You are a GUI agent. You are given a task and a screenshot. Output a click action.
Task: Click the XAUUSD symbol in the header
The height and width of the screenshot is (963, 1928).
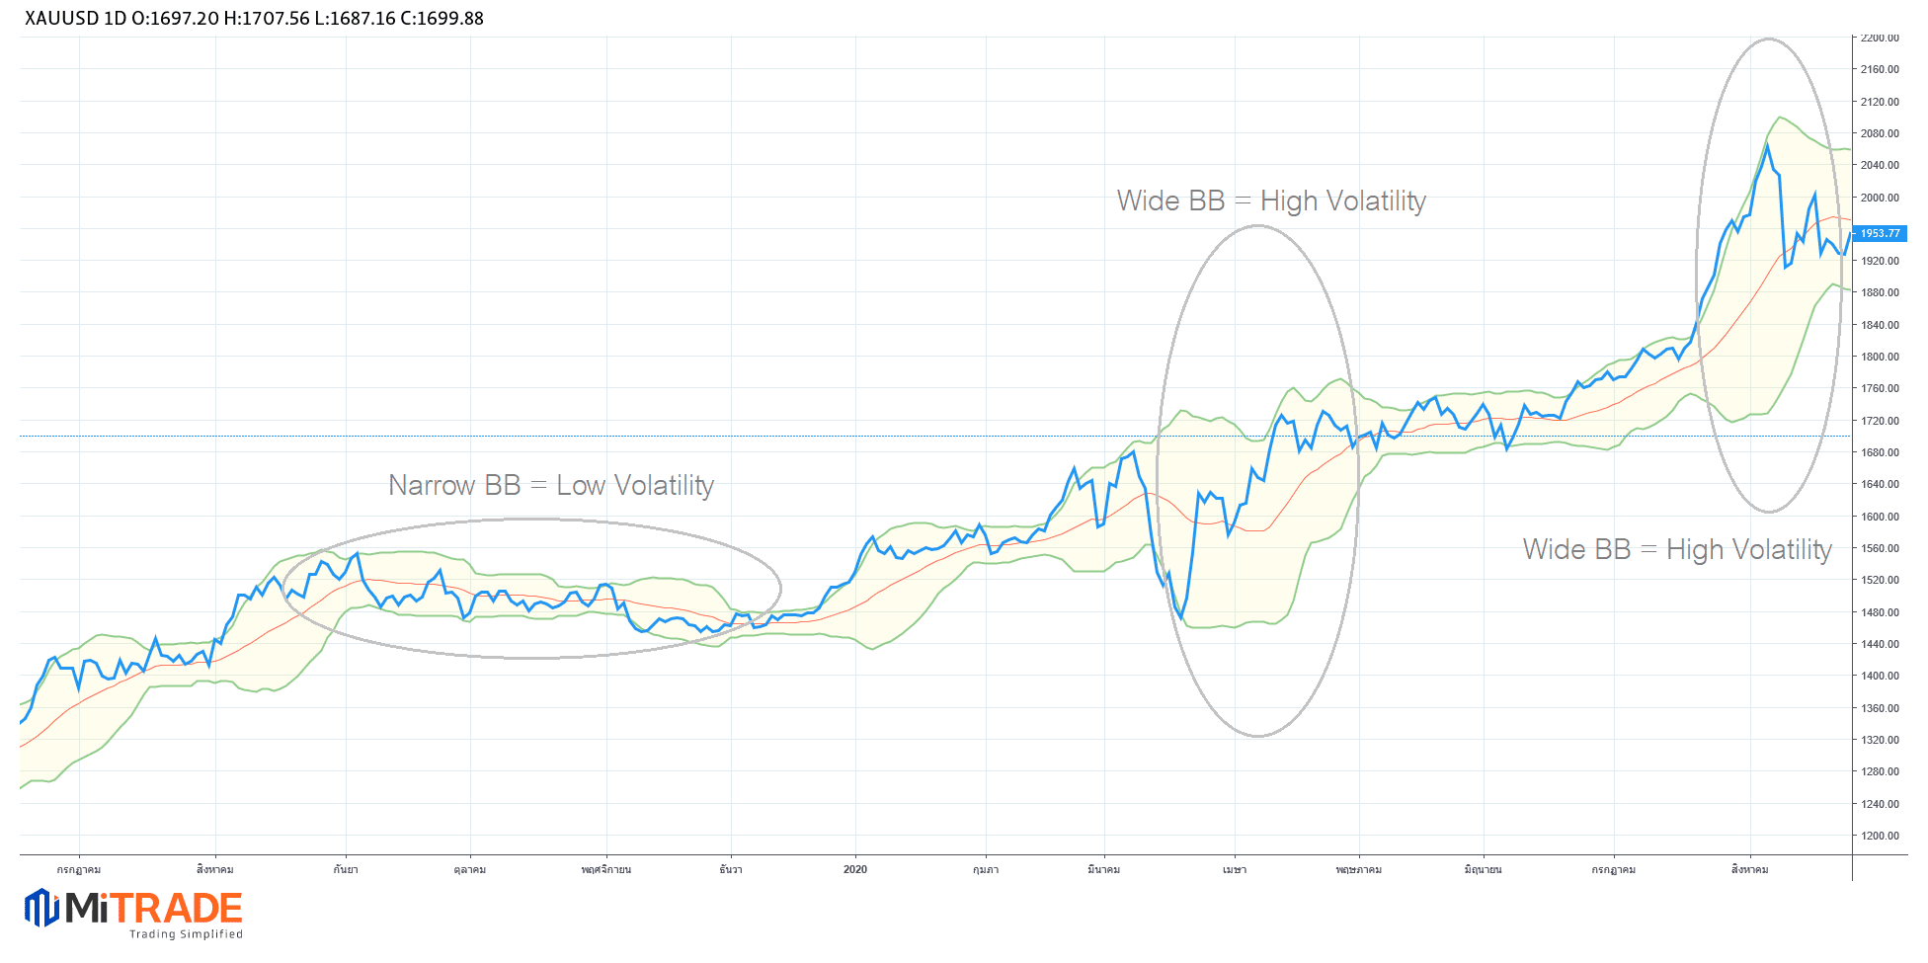click(x=61, y=19)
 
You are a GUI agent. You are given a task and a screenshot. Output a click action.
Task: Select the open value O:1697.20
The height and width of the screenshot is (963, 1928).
click(x=175, y=19)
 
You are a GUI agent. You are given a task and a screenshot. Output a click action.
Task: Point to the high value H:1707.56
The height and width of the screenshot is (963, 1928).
click(x=268, y=19)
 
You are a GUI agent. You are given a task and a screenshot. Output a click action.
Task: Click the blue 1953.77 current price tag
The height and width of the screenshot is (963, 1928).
click(x=1880, y=234)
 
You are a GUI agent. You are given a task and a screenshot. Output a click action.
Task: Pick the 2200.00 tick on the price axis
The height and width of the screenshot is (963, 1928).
click(x=1879, y=39)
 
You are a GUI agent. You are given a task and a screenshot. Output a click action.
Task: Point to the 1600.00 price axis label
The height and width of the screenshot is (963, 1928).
click(x=1879, y=517)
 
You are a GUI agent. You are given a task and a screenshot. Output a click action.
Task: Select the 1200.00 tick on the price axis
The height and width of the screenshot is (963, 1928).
click(x=1879, y=836)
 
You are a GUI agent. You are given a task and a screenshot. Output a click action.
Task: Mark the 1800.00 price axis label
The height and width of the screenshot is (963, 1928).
click(x=1879, y=357)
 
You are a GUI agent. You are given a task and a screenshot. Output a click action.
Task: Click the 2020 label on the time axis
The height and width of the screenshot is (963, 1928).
click(x=855, y=869)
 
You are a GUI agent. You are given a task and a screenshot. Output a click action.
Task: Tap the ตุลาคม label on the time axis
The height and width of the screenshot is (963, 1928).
click(x=470, y=870)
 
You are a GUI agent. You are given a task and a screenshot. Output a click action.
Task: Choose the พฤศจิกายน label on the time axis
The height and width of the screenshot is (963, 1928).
click(x=606, y=870)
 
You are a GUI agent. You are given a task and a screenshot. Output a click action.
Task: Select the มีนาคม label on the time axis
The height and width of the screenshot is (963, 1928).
click(x=1103, y=870)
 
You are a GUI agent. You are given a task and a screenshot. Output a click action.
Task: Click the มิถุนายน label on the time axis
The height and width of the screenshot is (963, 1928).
click(x=1483, y=870)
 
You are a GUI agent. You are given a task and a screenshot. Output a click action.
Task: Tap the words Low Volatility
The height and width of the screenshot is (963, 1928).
click(x=634, y=486)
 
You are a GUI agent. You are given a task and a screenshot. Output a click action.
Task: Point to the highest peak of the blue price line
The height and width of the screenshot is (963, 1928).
click(x=1767, y=145)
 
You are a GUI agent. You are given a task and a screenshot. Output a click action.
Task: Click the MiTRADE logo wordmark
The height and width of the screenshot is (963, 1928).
click(x=154, y=909)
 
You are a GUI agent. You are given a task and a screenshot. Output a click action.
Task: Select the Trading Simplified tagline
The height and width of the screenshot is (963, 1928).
click(x=186, y=934)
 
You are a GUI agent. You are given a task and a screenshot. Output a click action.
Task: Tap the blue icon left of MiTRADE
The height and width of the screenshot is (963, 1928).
click(x=41, y=908)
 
